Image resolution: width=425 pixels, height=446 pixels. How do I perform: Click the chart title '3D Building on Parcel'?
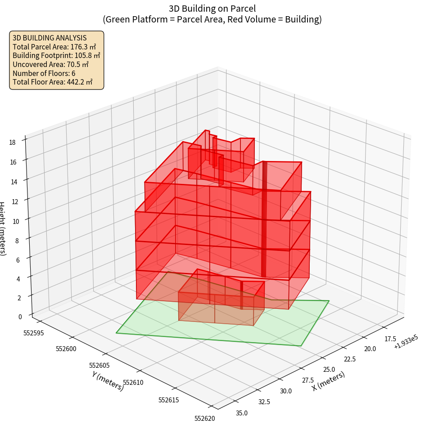point(212,8)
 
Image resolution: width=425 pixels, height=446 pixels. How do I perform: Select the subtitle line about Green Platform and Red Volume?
point(212,19)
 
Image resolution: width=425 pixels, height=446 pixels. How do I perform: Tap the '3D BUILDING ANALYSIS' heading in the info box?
point(50,38)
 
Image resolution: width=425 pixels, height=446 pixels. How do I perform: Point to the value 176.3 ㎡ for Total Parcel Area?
point(83,46)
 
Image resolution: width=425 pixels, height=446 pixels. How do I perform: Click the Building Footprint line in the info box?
point(56,55)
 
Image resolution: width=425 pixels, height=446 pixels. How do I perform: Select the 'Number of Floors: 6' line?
point(44,73)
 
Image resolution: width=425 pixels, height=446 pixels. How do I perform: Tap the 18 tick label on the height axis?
point(12,143)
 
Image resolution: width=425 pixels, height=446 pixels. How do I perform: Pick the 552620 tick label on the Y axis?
point(204,418)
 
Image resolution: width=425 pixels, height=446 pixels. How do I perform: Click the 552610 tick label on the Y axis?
point(133,383)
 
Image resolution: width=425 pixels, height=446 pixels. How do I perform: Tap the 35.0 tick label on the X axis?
point(242,413)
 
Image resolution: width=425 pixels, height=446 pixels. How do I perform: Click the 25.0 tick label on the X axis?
point(329,369)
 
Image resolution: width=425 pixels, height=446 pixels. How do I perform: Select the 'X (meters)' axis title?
point(329,381)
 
